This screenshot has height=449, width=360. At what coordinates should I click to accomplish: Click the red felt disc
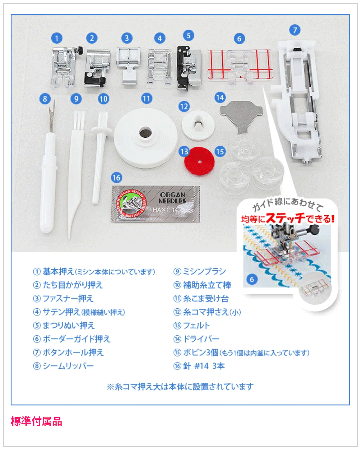pos(199,161)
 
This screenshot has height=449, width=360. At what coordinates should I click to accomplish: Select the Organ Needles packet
pos(155,204)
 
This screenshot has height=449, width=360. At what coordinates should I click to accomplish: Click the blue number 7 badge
pos(295,30)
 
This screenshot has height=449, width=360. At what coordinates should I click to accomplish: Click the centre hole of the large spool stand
pos(145,133)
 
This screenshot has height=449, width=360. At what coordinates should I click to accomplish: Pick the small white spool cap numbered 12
pos(198,125)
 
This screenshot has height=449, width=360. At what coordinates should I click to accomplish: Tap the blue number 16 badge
pos(116,178)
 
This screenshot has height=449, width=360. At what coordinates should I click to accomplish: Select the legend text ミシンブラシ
pos(204,271)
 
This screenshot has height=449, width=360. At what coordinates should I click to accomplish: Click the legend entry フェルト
pos(196,325)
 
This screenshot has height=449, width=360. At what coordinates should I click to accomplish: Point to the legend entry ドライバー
pos(201,339)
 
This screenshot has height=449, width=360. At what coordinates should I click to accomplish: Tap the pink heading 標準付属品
pos(36,421)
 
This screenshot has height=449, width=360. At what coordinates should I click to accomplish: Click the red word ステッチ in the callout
pos(285,218)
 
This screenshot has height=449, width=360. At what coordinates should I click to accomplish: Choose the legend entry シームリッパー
pos(68,366)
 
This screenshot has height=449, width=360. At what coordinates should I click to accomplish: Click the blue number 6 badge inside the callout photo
pos(252,279)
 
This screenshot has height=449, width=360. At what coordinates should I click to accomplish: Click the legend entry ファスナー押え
pos(68,298)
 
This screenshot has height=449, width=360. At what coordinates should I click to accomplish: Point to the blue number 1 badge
pos(57,38)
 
